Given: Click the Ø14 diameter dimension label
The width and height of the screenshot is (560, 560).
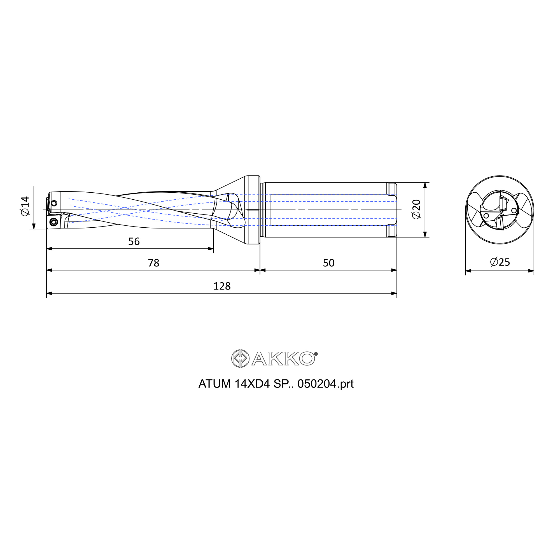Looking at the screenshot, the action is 25,206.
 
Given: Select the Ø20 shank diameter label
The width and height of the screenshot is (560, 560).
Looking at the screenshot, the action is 416,209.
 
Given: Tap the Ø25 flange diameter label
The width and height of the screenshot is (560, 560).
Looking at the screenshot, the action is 500,262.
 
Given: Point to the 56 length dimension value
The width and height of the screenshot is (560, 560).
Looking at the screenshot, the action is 134,241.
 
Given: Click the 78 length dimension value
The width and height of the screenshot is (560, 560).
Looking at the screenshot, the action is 154,263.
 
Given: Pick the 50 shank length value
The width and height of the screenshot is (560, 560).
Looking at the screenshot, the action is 329,263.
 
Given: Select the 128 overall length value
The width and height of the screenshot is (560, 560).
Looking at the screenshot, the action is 222,286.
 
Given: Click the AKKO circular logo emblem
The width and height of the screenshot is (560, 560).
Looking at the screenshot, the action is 240,359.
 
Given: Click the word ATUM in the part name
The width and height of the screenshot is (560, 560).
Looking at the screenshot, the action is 215,384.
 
